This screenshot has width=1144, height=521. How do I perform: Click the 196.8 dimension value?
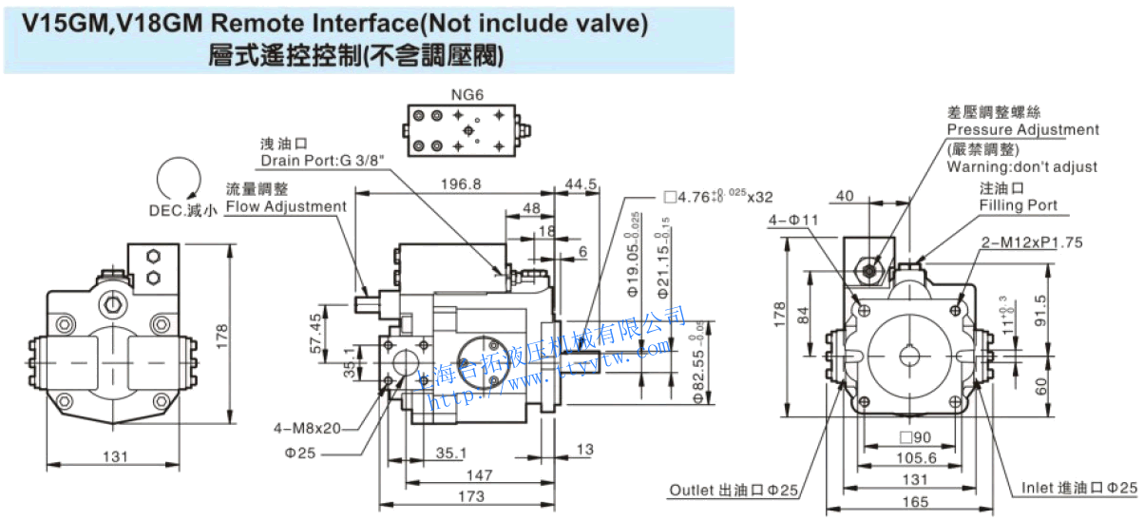pos(464,183)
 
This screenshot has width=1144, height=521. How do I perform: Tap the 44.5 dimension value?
pos(580,183)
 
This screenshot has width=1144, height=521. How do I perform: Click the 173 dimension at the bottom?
pos(470,496)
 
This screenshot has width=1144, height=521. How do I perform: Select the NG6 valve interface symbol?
pos(464,130)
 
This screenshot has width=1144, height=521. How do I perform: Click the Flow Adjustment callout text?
pos(286,206)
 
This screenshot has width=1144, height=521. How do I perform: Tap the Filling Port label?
pos(1018,204)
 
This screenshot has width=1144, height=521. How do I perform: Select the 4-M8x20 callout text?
pos(307,428)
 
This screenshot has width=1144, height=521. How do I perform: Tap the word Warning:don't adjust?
pos(1021,166)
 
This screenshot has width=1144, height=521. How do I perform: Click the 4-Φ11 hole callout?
pos(792,221)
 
